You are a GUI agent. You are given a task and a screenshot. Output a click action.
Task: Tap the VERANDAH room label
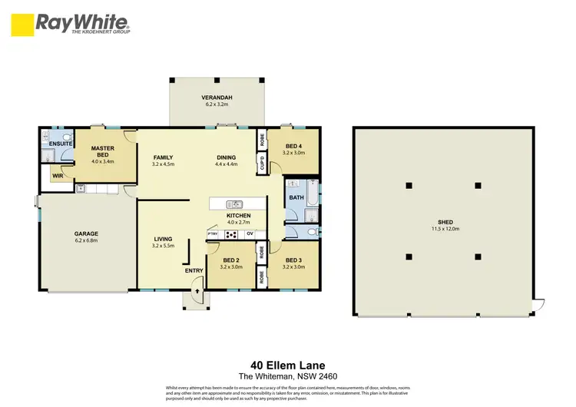coord(217,98)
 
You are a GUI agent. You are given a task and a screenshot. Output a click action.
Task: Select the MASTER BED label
coord(102,151)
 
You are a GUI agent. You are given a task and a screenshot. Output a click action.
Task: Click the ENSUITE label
coord(60,144)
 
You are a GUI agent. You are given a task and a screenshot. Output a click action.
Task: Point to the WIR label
coord(58,176)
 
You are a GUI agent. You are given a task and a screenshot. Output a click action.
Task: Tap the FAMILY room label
coord(163,157)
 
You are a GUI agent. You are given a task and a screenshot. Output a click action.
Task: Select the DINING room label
coord(226,157)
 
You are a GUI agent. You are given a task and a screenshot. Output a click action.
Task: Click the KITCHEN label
coord(238,216)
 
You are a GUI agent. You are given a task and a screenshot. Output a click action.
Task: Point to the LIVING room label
coord(163,239)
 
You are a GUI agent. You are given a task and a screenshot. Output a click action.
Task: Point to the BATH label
coord(296,197)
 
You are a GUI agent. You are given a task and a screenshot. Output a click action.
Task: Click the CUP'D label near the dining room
coord(262,164)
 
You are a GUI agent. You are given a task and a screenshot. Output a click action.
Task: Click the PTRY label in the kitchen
coord(213,233)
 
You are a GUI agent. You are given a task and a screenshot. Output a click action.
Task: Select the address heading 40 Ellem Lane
coord(287,366)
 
